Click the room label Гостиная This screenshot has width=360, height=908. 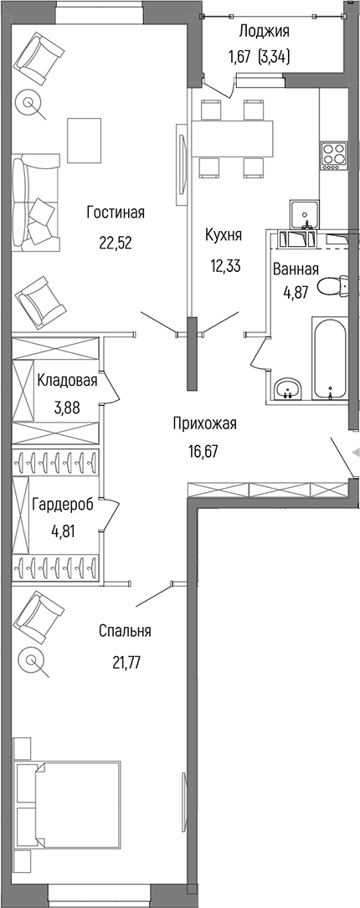(116, 213)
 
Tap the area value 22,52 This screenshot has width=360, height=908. (116, 243)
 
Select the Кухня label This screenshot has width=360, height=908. (224, 236)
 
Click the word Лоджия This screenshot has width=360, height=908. (264, 32)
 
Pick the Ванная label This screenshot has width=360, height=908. (296, 269)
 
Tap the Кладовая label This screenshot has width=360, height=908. (67, 381)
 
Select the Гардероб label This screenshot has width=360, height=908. (61, 505)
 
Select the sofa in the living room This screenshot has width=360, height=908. (36, 201)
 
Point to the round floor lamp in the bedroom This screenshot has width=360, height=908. (33, 661)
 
